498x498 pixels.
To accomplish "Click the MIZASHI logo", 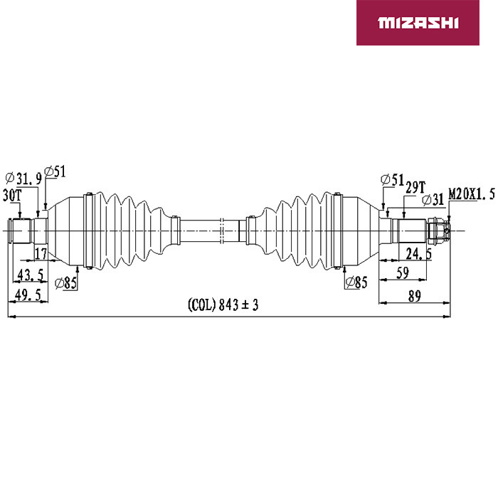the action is click(418, 23).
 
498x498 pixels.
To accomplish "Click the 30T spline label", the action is click(12, 195).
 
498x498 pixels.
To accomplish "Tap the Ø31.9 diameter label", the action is click(23, 179).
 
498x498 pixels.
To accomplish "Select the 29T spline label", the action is click(415, 187).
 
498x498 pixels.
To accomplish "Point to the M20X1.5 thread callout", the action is click(471, 194).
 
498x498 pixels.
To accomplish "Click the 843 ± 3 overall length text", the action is click(238, 305).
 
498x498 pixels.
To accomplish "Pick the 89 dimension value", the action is click(414, 296).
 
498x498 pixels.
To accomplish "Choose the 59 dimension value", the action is click(403, 273).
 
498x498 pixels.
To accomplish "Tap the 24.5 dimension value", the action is click(418, 254).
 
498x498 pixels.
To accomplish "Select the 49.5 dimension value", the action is click(28, 295).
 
